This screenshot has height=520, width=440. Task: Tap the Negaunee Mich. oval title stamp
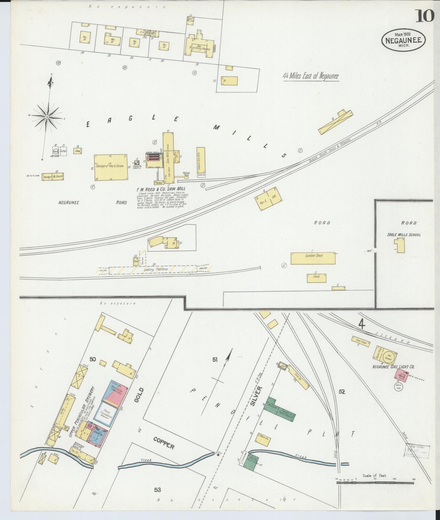click(x=403, y=40)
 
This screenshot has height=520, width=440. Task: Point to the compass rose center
click(x=47, y=117)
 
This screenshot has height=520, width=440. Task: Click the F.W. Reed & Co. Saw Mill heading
click(x=161, y=189)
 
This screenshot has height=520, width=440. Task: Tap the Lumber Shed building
click(x=313, y=258)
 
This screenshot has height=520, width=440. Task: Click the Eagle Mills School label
click(x=404, y=235)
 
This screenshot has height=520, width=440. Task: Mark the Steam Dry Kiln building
click(x=201, y=160)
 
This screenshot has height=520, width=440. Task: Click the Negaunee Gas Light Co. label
click(x=393, y=367)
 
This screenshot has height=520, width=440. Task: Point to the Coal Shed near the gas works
click(x=361, y=341)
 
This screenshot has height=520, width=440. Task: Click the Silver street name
click(x=256, y=396)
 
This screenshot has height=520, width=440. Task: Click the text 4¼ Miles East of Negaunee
click(x=311, y=76)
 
